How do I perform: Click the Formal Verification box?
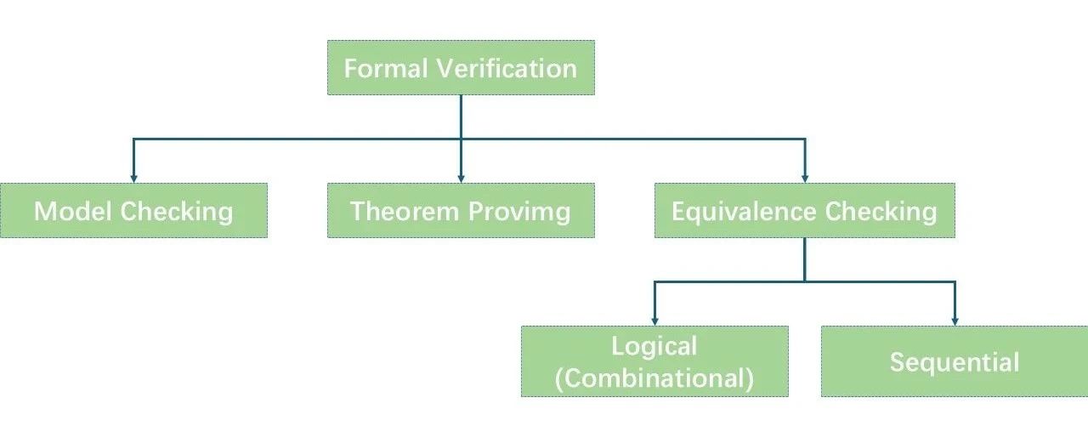point(461,67)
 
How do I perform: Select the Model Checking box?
point(133,210)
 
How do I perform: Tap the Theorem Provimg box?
point(461,210)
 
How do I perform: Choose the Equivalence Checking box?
point(804,210)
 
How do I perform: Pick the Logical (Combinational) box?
point(654,361)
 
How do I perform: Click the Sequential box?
point(954,361)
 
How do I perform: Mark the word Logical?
point(654,346)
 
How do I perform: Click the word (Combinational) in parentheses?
point(654,378)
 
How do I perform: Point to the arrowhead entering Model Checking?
point(133,177)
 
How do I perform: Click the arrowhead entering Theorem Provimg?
point(461,177)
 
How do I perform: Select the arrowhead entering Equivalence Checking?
point(804,177)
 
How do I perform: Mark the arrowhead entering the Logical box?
point(654,320)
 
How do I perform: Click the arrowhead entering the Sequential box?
point(954,320)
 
